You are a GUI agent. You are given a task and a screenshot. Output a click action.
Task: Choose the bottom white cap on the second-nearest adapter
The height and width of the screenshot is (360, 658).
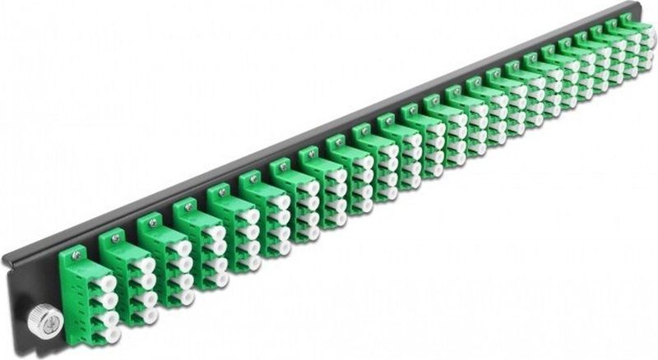[x=149, y=314]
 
